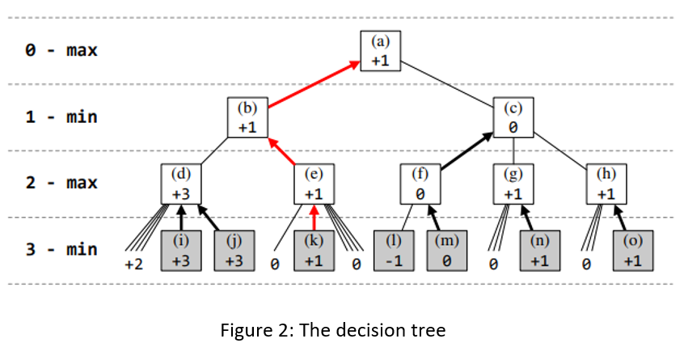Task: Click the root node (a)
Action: click(380, 50)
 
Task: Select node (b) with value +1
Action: click(247, 116)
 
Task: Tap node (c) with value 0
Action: click(513, 116)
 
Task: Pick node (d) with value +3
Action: click(181, 183)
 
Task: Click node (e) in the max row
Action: click(314, 183)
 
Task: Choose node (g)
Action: click(513, 183)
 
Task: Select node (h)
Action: click(606, 183)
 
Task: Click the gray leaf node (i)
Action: click(181, 250)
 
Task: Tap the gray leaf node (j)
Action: click(234, 250)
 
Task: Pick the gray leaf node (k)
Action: click(314, 250)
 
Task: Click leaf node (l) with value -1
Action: click(394, 250)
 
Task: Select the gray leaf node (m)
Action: click(447, 250)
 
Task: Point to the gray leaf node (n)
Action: click(540, 250)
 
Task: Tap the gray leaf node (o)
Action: click(633, 250)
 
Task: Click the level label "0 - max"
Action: click(61, 50)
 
